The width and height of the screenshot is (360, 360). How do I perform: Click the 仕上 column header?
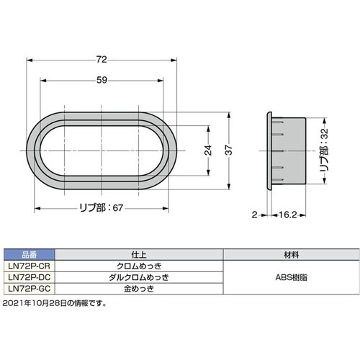(140, 254)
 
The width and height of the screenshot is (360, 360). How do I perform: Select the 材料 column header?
(291, 254)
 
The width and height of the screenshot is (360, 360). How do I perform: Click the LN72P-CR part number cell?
(30, 265)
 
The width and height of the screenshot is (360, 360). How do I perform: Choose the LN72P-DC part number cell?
(30, 276)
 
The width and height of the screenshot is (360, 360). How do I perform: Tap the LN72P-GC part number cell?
(30, 288)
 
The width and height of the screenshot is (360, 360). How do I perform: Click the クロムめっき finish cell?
(140, 265)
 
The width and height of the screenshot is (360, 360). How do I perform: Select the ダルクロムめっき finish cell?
(140, 276)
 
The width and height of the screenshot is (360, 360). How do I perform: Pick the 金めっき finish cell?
(140, 288)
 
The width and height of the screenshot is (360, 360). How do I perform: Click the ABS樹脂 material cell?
(291, 276)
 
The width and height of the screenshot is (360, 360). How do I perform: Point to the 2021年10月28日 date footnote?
(55, 303)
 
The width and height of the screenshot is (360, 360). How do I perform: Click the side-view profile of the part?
(286, 150)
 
